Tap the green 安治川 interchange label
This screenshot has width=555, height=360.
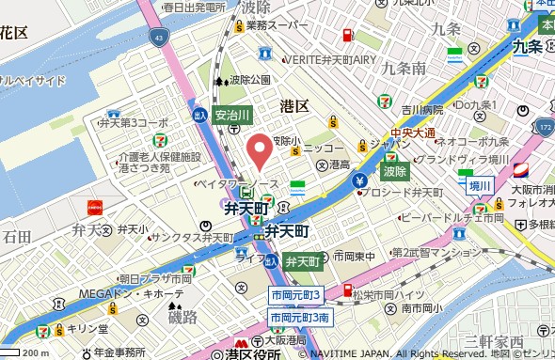tap(231, 115)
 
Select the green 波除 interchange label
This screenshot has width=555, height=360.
tap(394, 171)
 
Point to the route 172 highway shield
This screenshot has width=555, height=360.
tap(546, 124)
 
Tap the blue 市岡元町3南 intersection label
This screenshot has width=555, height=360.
tap(299, 318)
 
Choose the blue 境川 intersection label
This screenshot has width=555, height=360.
tap(481, 186)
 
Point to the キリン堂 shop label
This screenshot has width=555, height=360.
tap(85, 329)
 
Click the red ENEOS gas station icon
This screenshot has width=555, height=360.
tap(347, 37)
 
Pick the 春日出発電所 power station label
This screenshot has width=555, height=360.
tap(192, 7)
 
